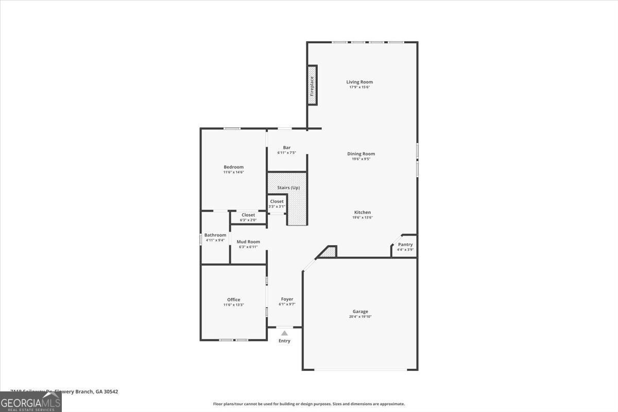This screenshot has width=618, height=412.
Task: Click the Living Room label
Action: (x=359, y=82)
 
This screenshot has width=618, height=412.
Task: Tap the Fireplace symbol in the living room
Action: (x=312, y=85)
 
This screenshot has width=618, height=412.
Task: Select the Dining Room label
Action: (x=361, y=153)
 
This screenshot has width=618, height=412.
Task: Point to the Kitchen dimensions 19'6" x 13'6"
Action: (x=363, y=217)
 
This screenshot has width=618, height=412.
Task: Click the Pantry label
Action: (x=405, y=244)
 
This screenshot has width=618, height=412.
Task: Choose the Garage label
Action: (x=360, y=311)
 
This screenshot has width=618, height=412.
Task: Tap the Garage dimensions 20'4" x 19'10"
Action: (x=360, y=317)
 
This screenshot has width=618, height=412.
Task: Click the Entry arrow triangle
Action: (x=284, y=333)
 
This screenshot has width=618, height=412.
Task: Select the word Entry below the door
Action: (x=284, y=340)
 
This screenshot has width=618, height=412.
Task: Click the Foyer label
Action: (x=287, y=299)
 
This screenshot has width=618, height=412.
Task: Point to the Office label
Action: (x=233, y=300)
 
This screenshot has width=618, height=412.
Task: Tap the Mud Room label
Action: (x=248, y=242)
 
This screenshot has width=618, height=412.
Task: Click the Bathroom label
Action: (x=215, y=235)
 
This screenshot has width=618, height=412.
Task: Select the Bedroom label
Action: (x=233, y=167)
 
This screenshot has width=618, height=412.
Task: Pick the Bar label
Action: (x=286, y=147)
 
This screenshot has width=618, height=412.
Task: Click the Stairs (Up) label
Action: (x=288, y=187)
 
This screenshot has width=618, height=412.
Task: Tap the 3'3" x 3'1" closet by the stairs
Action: (x=277, y=204)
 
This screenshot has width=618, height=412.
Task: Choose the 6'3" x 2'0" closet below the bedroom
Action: (x=248, y=217)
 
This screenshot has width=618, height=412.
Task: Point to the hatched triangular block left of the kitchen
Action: (x=329, y=252)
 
